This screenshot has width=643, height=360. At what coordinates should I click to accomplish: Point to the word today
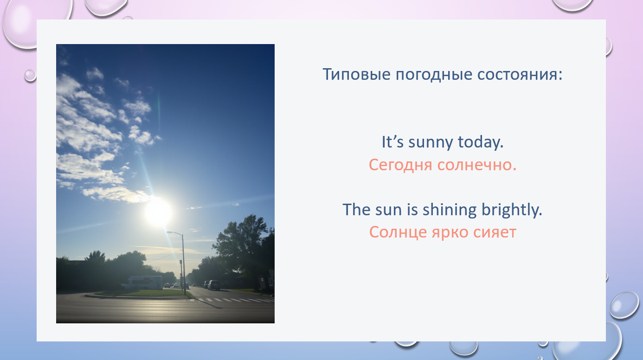[x=480, y=142]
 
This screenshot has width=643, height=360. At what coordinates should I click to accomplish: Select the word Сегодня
[x=400, y=165]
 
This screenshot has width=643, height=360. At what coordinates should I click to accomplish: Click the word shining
[x=449, y=210]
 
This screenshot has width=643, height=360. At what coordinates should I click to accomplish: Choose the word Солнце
[x=398, y=232]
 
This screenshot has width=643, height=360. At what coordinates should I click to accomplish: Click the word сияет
[x=495, y=232]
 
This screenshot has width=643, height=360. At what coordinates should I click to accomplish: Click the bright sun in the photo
[x=159, y=213]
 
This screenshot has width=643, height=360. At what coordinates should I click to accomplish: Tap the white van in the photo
[x=142, y=283]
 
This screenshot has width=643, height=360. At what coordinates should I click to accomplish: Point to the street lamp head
[x=170, y=232]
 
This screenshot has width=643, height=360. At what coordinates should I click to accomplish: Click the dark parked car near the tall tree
[x=213, y=285]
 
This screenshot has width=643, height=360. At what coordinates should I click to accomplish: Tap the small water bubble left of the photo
[x=30, y=75]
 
